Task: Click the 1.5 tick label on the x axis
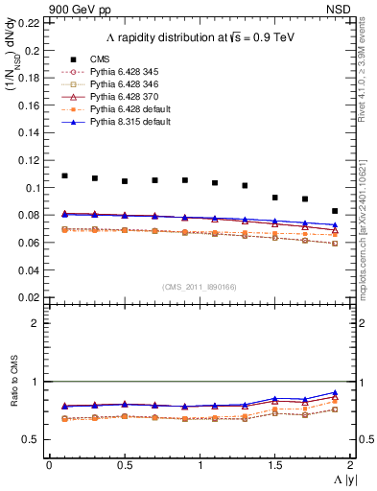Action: pyautogui.click(x=274, y=465)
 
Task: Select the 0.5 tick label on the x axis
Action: pyautogui.click(x=124, y=465)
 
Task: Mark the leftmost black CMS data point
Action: pyautogui.click(x=64, y=176)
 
